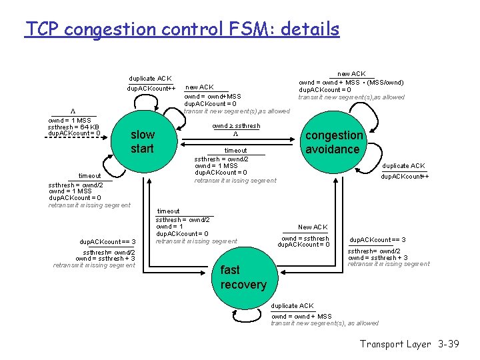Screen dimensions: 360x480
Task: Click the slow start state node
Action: [x=142, y=141]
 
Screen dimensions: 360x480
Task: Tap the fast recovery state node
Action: [x=243, y=277]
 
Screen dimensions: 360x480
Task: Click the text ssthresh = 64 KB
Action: [x=73, y=127]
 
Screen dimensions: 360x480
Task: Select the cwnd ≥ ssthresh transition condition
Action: [x=236, y=126]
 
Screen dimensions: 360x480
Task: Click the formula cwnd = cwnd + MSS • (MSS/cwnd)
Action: [x=351, y=82]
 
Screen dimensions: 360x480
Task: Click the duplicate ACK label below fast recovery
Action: [x=292, y=306]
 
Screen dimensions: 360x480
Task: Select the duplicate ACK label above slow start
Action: [x=150, y=79]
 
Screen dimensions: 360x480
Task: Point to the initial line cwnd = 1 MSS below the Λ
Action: [x=69, y=120]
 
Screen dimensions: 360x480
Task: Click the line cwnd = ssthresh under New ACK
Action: [x=305, y=238]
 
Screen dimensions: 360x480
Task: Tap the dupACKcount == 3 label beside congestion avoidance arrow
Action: [x=377, y=239]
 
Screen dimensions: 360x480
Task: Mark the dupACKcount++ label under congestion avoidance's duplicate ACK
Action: [x=404, y=177]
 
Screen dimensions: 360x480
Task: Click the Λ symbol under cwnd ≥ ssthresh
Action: [x=235, y=134]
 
